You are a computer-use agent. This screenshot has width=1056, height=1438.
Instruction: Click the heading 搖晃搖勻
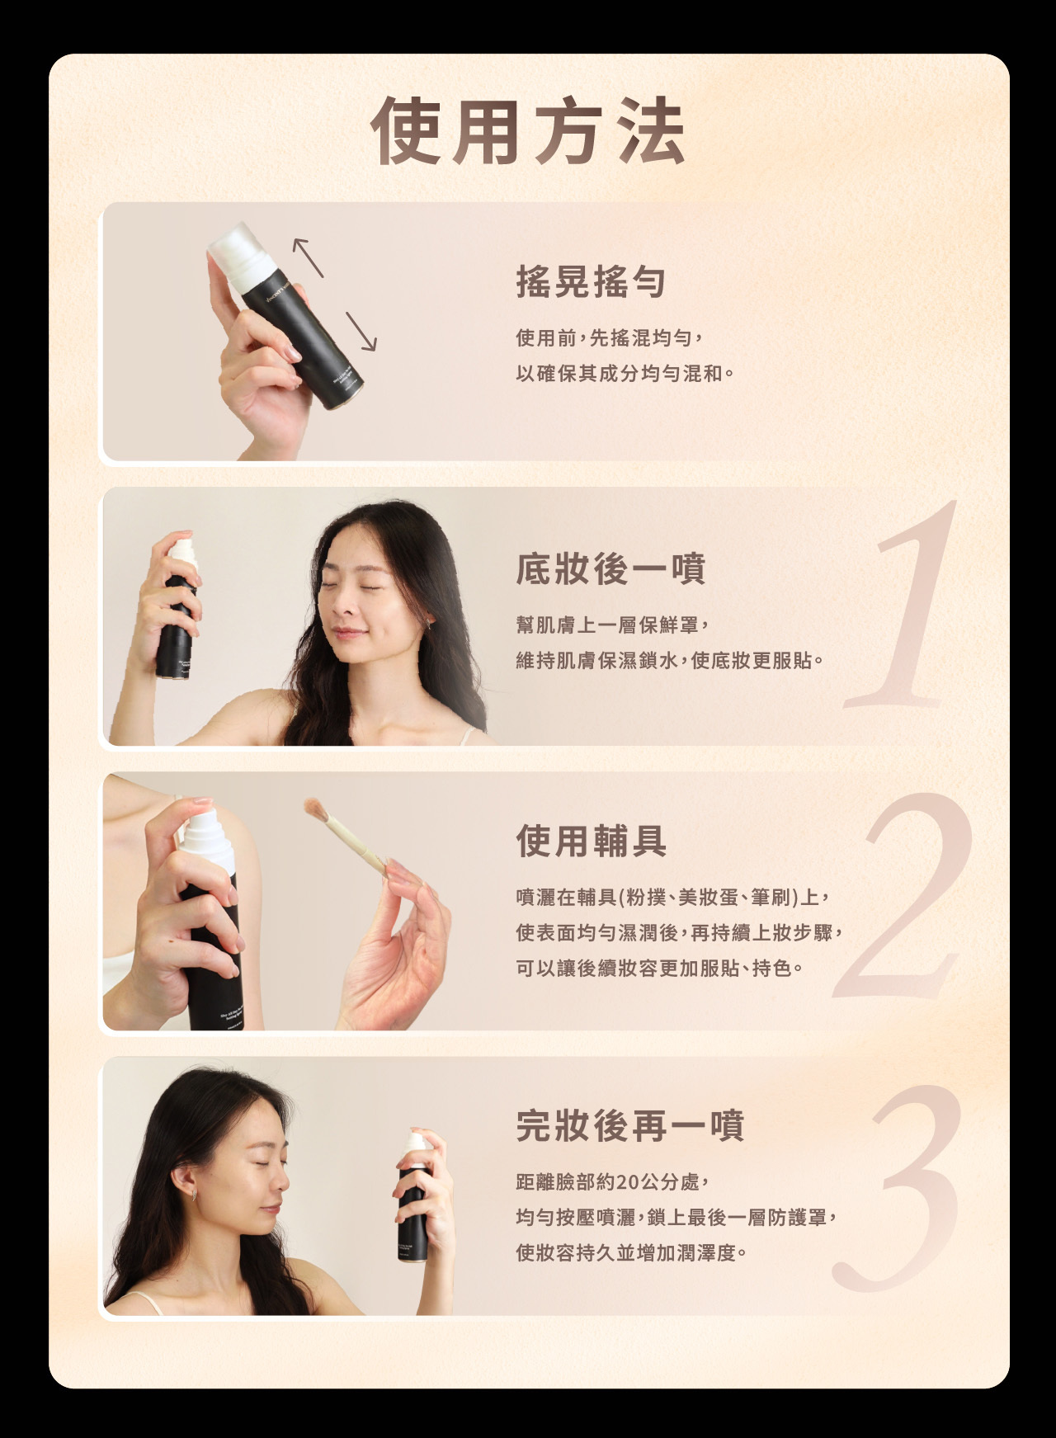[591, 282]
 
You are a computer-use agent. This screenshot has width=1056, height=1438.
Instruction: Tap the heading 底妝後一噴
[610, 568]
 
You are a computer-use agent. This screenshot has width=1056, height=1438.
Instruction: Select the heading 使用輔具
[592, 841]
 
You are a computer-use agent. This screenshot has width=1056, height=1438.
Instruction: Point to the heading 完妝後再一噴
[630, 1125]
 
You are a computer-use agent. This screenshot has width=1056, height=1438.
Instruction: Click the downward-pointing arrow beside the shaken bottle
[361, 332]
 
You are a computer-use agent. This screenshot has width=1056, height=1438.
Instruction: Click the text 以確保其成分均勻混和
[625, 374]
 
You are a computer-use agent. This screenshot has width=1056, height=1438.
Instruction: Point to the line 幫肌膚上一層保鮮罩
[612, 625]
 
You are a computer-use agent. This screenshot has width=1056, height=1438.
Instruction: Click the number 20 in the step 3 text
[627, 1182]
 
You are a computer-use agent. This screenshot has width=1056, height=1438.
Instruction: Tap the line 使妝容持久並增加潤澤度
[632, 1253]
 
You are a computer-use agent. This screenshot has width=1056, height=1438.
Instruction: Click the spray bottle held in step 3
[412, 1196]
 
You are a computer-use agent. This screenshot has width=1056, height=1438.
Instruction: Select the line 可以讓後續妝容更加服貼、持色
[660, 968]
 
